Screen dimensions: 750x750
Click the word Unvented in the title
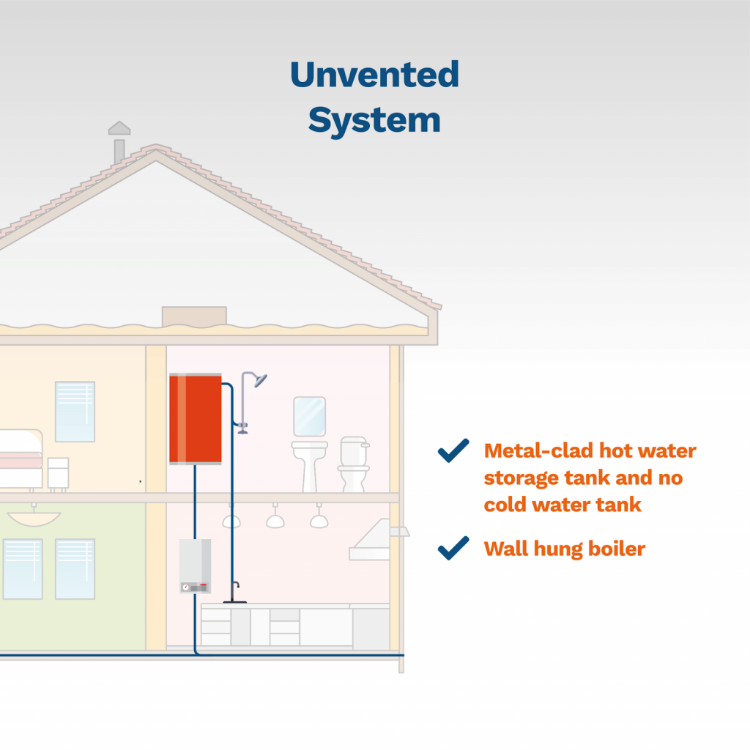(x=374, y=75)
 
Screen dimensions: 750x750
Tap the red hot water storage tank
(x=196, y=418)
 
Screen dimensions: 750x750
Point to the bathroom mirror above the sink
(x=309, y=416)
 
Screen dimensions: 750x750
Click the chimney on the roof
(x=119, y=143)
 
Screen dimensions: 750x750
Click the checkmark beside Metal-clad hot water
(x=453, y=450)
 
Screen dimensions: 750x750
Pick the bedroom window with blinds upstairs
(x=75, y=411)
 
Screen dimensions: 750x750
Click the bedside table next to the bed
(x=59, y=473)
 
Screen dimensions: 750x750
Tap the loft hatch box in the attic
(x=194, y=316)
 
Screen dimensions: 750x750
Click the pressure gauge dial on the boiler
(x=185, y=587)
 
